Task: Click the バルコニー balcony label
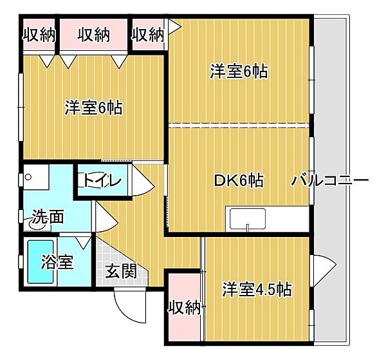pos(329,180)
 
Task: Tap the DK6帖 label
pos(238,180)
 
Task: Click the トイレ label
pos(100,181)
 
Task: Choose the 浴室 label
pos(57,262)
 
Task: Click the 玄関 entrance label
pos(121,271)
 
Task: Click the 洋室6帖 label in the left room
pos(93,108)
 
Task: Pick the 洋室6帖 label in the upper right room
pos(239,71)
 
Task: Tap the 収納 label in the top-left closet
pos(38,34)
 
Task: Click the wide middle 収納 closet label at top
pos(94,34)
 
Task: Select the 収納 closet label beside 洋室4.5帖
pos(185,308)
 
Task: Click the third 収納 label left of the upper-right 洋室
pos(149,34)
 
